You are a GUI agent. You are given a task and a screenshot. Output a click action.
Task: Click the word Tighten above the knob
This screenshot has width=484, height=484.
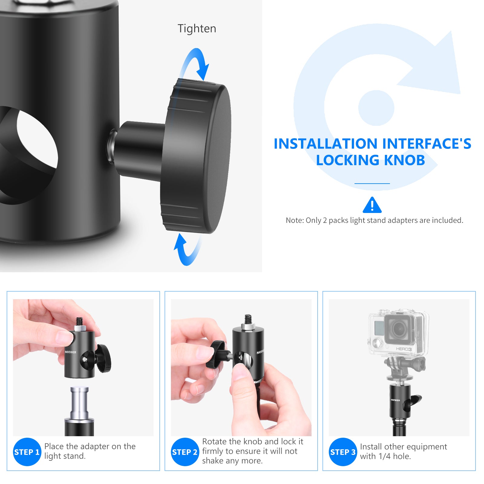pyautogui.click(x=197, y=28)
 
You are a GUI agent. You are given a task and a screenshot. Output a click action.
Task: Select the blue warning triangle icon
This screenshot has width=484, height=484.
pyautogui.click(x=372, y=205)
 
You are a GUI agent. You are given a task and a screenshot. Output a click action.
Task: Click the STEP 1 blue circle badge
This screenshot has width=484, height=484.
pyautogui.click(x=27, y=452)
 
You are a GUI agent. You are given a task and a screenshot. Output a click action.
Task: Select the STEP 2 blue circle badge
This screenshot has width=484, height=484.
pyautogui.click(x=185, y=452)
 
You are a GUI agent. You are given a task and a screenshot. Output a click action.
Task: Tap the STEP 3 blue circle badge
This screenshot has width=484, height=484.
pyautogui.click(x=343, y=452)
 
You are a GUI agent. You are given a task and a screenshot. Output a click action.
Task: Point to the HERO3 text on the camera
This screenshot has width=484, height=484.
pyautogui.click(x=404, y=349)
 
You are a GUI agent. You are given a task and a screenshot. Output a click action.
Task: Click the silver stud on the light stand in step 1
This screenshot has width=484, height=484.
pyautogui.click(x=79, y=402)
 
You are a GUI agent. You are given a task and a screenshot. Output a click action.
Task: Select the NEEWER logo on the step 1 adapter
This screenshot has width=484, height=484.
pyautogui.click(x=70, y=352)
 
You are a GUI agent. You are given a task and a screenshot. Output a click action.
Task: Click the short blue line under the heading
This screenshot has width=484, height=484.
pyautogui.click(x=372, y=183)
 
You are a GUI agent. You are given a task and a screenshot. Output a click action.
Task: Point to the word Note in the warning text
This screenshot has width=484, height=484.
pyautogui.click(x=294, y=220)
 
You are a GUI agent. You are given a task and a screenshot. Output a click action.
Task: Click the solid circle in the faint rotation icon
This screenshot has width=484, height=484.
pyautogui.click(x=376, y=108)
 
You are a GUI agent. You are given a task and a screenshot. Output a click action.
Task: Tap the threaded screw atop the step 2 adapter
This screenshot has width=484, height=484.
pyautogui.click(x=248, y=319)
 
